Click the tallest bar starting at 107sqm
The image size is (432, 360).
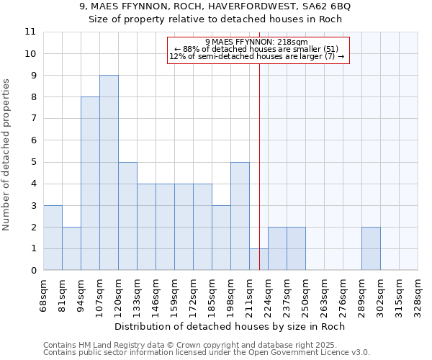pos(109,173)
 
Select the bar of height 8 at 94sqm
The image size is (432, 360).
pos(90,184)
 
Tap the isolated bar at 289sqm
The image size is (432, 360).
pos(371,248)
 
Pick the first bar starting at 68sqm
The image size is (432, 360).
pos(53,238)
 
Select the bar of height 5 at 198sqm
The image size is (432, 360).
pos(240,216)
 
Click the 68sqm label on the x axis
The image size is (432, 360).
pos(43,294)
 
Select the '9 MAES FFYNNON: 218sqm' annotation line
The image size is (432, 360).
pos(257,42)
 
